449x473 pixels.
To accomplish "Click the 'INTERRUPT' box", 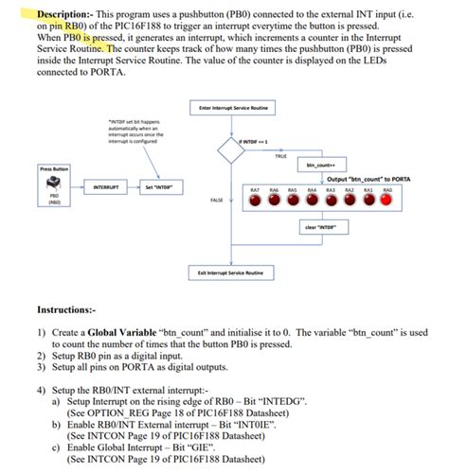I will (x=105, y=185).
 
